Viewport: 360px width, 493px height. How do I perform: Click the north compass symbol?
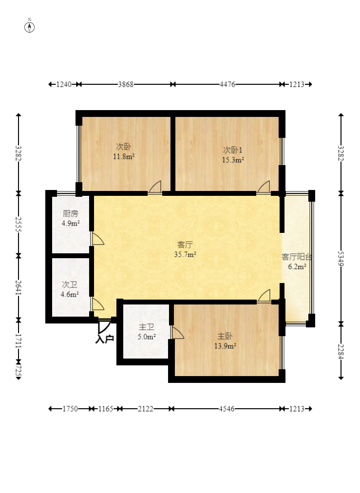coord(30,27)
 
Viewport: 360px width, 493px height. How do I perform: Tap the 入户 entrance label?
coord(105,339)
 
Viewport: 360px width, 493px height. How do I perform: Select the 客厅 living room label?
coord(185,244)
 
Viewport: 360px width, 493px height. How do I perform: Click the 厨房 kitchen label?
coord(70,213)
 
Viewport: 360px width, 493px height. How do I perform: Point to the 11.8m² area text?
coord(124,156)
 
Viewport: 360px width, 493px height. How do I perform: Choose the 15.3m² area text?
coord(233,160)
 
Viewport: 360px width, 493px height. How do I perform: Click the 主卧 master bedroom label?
coord(225,336)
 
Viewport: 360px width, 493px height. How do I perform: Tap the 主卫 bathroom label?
coord(147,327)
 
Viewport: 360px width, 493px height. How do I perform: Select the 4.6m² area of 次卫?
coord(70,294)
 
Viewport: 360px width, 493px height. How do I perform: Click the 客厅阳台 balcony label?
coord(297,257)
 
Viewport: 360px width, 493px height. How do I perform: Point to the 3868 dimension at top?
coord(126,84)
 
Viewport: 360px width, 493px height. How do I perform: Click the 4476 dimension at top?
coord(227,84)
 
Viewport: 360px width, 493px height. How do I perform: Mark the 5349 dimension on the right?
coord(341,258)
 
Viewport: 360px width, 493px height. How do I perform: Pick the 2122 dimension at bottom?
coord(146,409)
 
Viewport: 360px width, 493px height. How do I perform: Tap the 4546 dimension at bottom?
coord(227,409)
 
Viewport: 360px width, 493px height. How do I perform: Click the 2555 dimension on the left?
coord(19,224)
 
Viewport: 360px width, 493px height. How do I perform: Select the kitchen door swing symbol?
coord(98,239)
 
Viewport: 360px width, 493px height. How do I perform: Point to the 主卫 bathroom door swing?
coord(177,332)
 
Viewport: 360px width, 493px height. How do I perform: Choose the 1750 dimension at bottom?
coord(70,409)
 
